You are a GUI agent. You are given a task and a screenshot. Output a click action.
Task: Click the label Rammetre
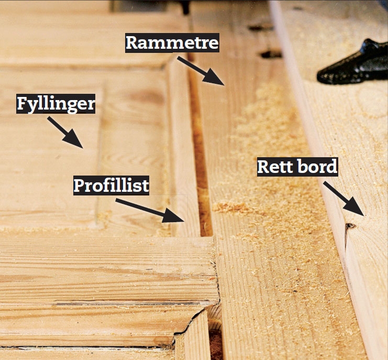point(172,42)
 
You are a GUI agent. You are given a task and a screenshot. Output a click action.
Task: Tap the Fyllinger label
point(56,104)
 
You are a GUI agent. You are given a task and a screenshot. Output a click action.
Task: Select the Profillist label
point(112,186)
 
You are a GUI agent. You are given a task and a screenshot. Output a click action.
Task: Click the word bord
point(317,167)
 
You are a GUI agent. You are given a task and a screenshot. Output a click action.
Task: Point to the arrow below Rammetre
point(201,71)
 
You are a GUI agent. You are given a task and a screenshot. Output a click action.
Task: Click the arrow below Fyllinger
point(65,133)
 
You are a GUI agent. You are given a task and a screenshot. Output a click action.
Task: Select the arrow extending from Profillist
point(150,210)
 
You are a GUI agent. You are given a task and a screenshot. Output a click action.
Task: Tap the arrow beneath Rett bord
point(343,199)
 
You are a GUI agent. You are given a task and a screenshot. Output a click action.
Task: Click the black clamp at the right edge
point(354,63)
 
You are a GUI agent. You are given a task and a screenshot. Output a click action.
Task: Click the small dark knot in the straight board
point(350,226)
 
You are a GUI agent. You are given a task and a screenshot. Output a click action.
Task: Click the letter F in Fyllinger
point(22,103)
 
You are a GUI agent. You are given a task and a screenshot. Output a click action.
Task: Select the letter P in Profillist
point(79,185)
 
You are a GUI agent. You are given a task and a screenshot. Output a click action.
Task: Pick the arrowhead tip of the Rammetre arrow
point(225,85)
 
